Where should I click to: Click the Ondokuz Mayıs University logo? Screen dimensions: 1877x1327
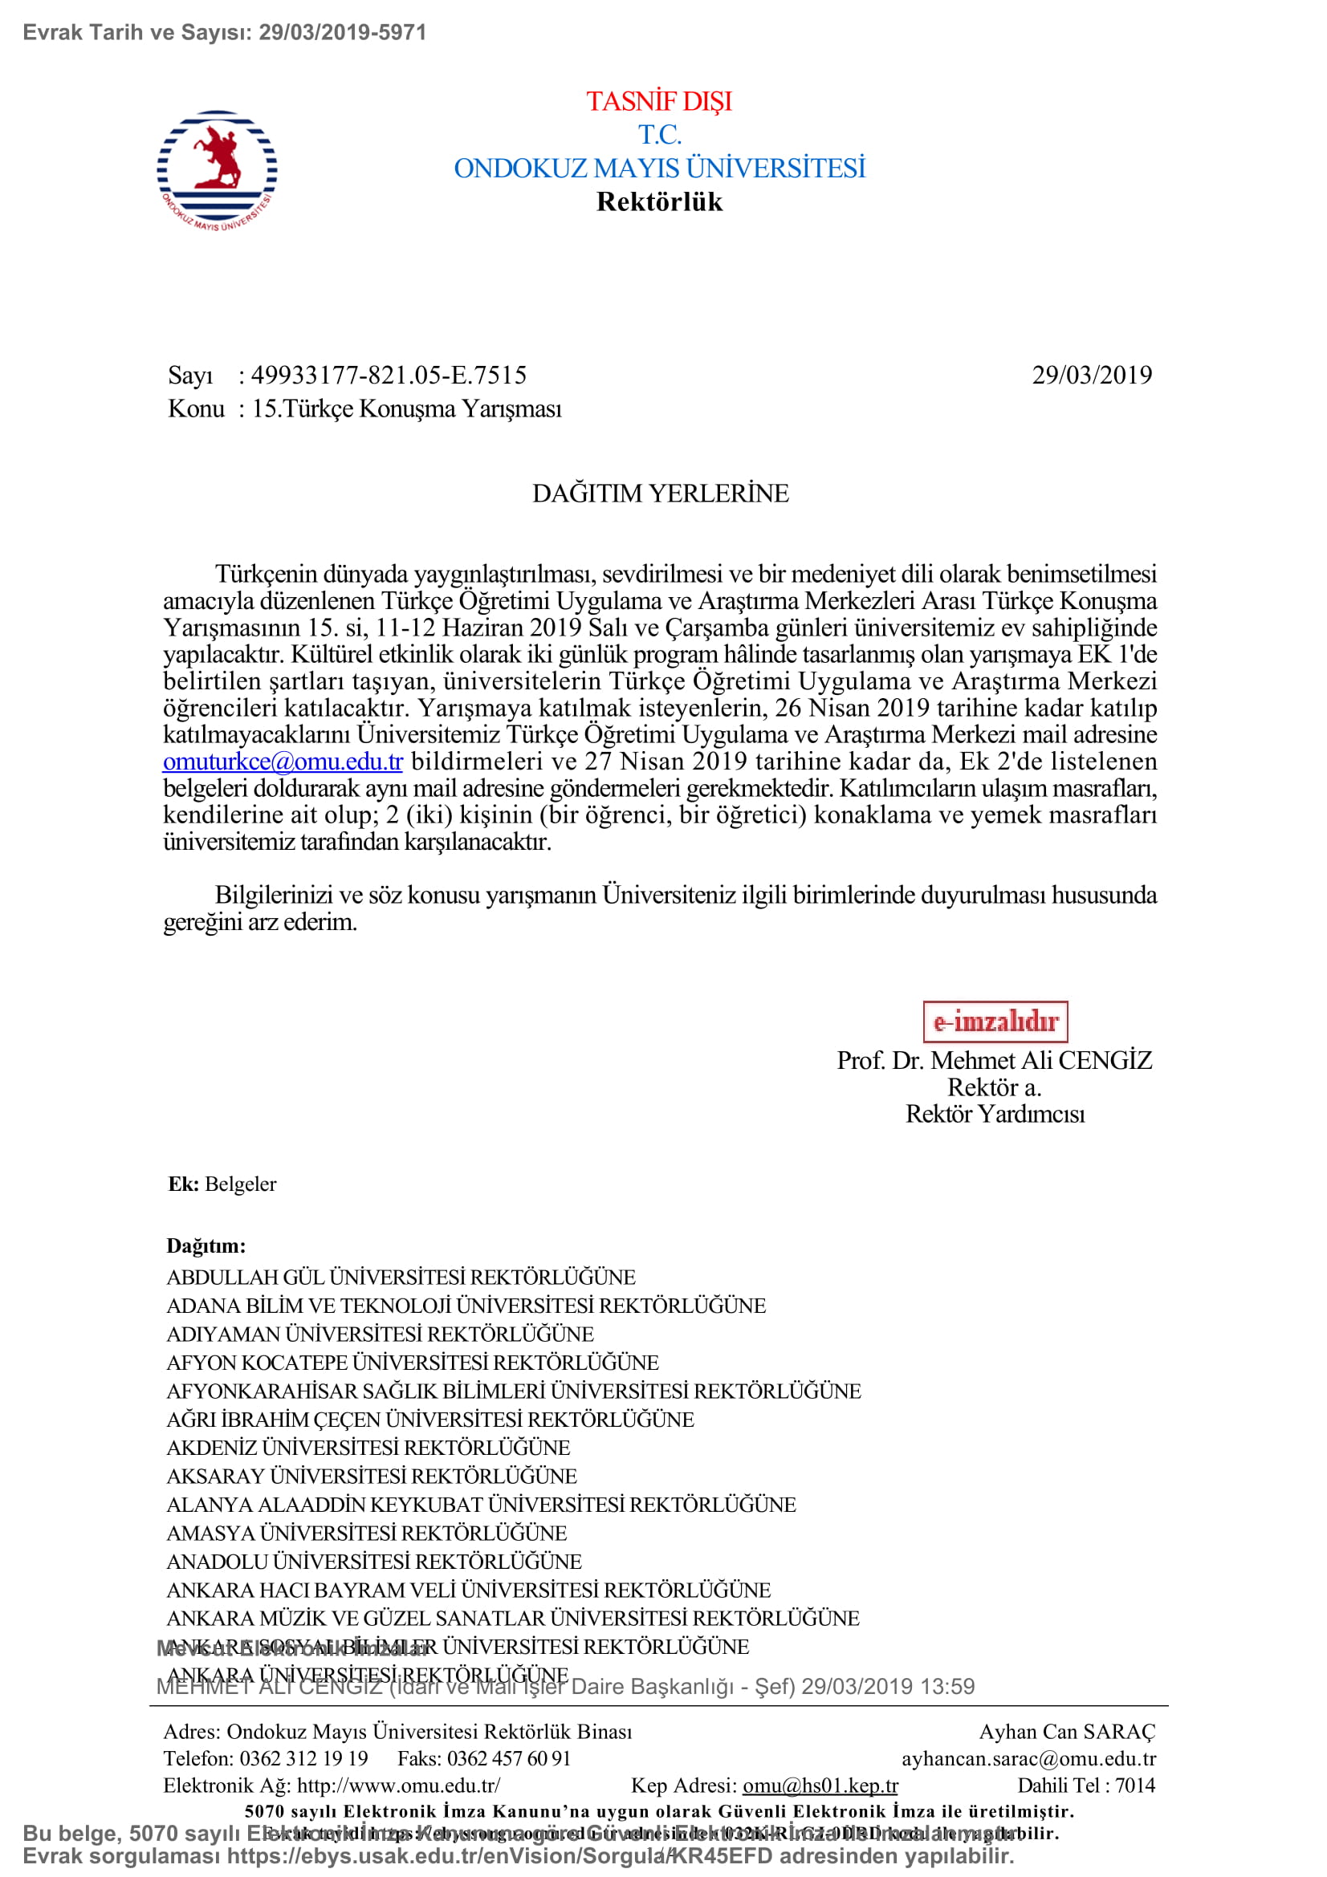tap(217, 170)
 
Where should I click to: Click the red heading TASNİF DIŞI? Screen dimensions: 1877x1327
tap(659, 101)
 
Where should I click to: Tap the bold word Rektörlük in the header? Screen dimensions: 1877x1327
tap(659, 202)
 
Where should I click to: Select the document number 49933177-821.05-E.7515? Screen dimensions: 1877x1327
tap(389, 376)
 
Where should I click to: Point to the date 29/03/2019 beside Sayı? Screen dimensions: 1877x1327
tap(1091, 376)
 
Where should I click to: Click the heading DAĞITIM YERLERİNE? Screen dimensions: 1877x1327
tap(660, 494)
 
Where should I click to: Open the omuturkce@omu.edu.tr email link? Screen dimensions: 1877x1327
tap(283, 762)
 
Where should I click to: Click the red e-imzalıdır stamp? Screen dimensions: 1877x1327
tap(994, 1021)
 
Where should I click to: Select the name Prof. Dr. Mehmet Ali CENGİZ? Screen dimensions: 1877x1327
tap(993, 1060)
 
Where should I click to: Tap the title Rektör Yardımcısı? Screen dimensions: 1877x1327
tap(994, 1115)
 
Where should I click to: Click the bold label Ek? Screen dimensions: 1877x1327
tap(183, 1184)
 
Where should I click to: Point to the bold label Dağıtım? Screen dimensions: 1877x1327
tap(206, 1246)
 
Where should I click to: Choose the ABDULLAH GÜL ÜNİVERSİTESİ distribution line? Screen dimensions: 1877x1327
tap(401, 1278)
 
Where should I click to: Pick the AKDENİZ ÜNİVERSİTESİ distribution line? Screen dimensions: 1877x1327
tap(368, 1448)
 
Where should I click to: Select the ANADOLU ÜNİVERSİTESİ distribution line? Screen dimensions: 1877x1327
tap(373, 1562)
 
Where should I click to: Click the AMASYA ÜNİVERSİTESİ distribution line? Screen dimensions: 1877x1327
tap(366, 1533)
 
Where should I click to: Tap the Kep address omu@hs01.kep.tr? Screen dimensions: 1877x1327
tap(820, 1786)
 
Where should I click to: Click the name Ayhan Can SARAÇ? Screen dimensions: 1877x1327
tap(1066, 1732)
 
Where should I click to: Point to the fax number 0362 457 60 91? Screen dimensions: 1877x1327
tap(507, 1758)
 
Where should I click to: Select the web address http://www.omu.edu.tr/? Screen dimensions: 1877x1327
tap(398, 1786)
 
